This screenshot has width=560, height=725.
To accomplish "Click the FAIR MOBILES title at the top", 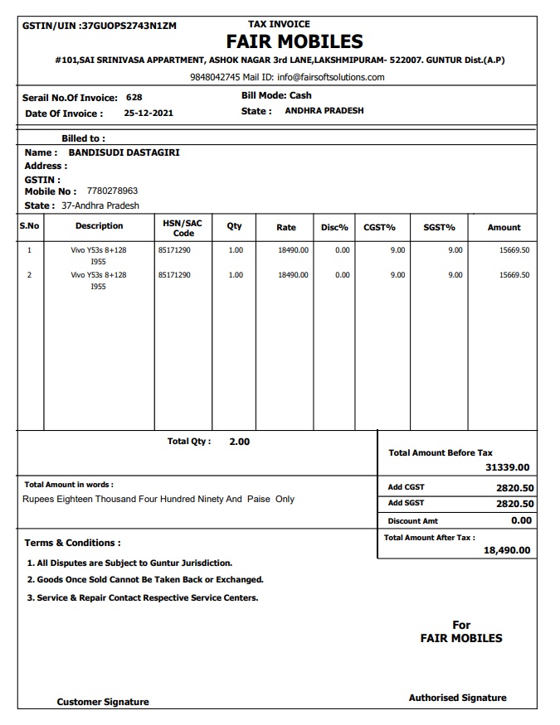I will (295, 41).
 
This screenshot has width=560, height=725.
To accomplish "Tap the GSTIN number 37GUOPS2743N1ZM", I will (128, 26).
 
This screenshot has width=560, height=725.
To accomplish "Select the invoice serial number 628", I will (134, 98).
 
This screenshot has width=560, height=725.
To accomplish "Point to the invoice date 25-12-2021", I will (149, 114).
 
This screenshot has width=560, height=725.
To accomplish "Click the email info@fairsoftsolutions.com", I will (331, 77).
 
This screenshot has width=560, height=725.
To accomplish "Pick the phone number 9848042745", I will (215, 77).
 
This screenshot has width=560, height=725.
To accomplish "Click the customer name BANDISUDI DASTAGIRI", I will (124, 152).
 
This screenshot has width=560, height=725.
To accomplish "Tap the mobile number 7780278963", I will (112, 191).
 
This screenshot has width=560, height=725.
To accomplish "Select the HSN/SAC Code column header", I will (183, 228).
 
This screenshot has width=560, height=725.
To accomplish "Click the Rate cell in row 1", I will (293, 250).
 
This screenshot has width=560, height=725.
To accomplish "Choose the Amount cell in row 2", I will (514, 275).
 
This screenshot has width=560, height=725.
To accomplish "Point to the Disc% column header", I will (334, 227).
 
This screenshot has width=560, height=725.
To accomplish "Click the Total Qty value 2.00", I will (239, 442).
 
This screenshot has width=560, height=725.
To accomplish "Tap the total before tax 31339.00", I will (507, 468).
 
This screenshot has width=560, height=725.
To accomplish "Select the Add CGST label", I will (407, 487).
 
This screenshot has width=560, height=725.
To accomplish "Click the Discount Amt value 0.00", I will (521, 520).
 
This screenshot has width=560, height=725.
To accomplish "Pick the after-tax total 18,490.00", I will (507, 550).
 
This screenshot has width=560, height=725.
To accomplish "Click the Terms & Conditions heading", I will (72, 543).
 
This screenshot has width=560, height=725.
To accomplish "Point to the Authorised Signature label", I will (457, 698).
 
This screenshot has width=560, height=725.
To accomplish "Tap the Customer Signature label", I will (103, 702).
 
